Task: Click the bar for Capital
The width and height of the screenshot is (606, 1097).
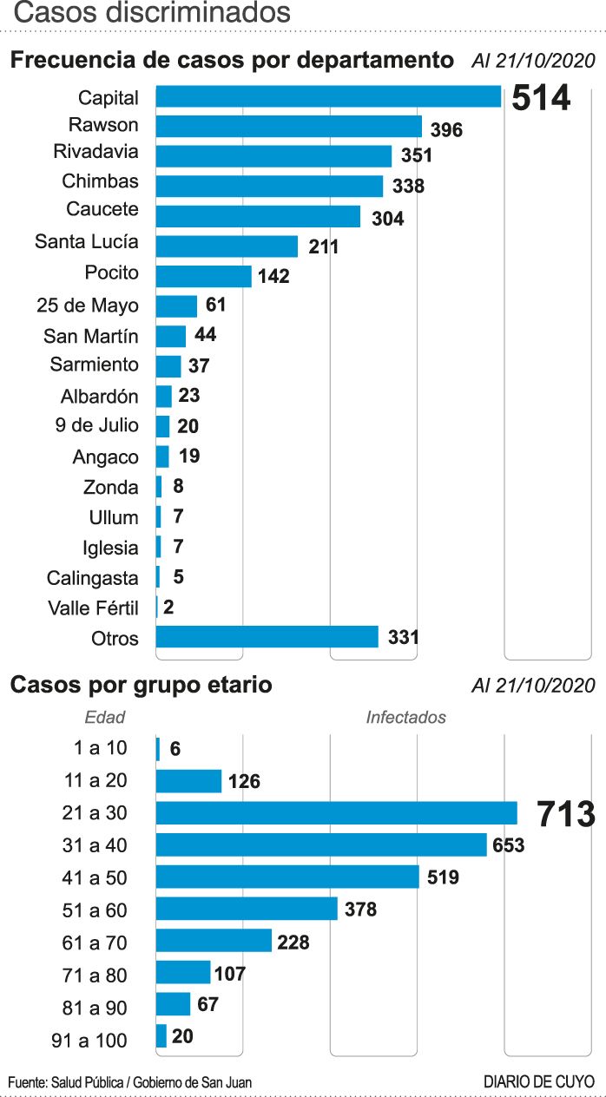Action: coord(328,96)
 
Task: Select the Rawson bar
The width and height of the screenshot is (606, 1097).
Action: coord(288,127)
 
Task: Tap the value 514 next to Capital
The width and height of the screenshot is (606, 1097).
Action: coord(540,98)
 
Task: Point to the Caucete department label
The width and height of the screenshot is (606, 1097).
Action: coord(102,210)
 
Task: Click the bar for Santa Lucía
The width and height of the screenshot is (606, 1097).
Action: coord(227,246)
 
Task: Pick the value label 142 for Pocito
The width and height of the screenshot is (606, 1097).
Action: coord(273,277)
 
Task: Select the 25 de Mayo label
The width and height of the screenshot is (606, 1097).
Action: coord(88,305)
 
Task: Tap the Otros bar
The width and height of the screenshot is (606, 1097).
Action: coord(267,637)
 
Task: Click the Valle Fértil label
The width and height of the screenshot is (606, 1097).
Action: coord(93,608)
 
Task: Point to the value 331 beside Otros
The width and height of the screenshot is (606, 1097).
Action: coord(404,638)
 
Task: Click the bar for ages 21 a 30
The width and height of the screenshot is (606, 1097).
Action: coord(336,813)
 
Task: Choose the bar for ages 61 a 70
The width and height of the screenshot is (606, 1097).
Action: coord(214,941)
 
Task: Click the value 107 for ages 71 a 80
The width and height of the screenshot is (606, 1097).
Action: coord(230,974)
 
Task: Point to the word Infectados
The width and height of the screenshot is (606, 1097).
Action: coord(405,718)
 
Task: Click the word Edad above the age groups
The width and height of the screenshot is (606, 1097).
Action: coord(105,718)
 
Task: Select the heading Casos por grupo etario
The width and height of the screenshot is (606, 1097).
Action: coord(141,685)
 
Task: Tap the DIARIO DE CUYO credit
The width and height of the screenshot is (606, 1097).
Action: coord(539,1082)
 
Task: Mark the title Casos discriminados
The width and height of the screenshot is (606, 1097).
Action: coord(151,13)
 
